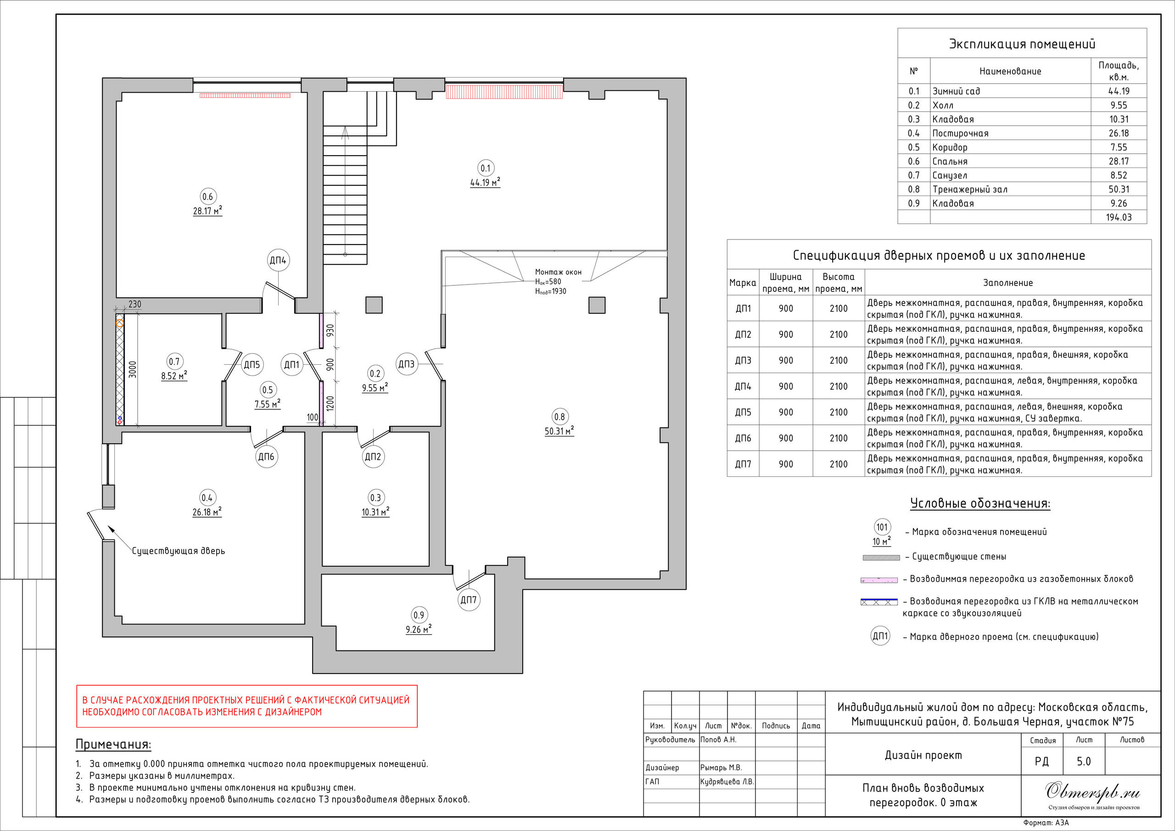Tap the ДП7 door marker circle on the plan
tap(469, 600)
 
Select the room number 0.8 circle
tap(560, 417)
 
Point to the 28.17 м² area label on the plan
tap(207, 210)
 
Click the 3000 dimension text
tap(133, 369)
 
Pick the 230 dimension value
tap(134, 304)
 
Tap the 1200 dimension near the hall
tap(330, 404)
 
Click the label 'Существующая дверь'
tap(179, 551)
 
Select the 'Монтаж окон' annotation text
tap(558, 272)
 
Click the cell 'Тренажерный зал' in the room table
tap(970, 190)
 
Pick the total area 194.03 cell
tap(1119, 217)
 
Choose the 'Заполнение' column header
tap(1007, 283)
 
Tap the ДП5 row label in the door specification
tap(743, 412)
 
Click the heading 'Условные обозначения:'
tap(980, 503)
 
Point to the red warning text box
tap(246, 706)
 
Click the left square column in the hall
tap(374, 305)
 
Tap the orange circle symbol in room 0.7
tap(120, 323)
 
